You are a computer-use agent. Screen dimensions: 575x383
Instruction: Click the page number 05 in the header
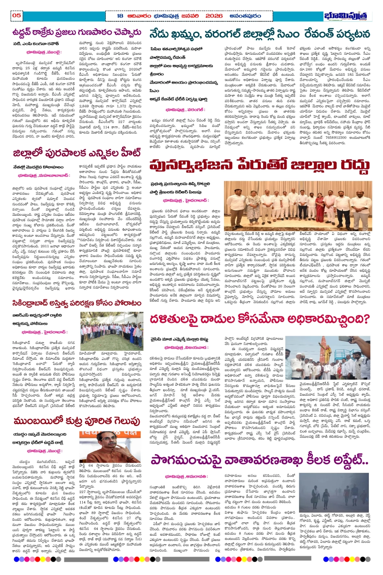tap(17, 15)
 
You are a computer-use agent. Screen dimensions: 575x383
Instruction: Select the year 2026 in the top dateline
tap(214, 16)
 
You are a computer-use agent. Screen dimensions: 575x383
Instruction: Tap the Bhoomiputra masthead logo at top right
tap(347, 16)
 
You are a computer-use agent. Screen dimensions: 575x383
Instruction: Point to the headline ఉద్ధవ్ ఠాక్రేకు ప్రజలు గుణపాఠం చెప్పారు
tap(77, 32)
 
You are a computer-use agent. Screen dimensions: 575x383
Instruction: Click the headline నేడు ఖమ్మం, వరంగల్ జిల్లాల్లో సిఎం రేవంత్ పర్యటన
tap(259, 34)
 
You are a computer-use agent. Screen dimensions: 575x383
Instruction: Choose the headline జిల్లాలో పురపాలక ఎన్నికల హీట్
tap(77, 152)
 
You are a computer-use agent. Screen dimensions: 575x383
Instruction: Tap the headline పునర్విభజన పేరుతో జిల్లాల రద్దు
tap(259, 165)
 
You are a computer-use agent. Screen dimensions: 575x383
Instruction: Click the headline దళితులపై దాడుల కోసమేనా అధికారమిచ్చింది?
tap(259, 320)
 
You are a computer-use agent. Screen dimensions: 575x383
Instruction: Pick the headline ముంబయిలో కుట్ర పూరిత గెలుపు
tap(77, 421)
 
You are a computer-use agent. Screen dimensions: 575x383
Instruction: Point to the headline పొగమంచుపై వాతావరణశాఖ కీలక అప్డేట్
tap(259, 460)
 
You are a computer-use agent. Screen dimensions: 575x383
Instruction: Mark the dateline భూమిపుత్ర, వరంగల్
tap(185, 109)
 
